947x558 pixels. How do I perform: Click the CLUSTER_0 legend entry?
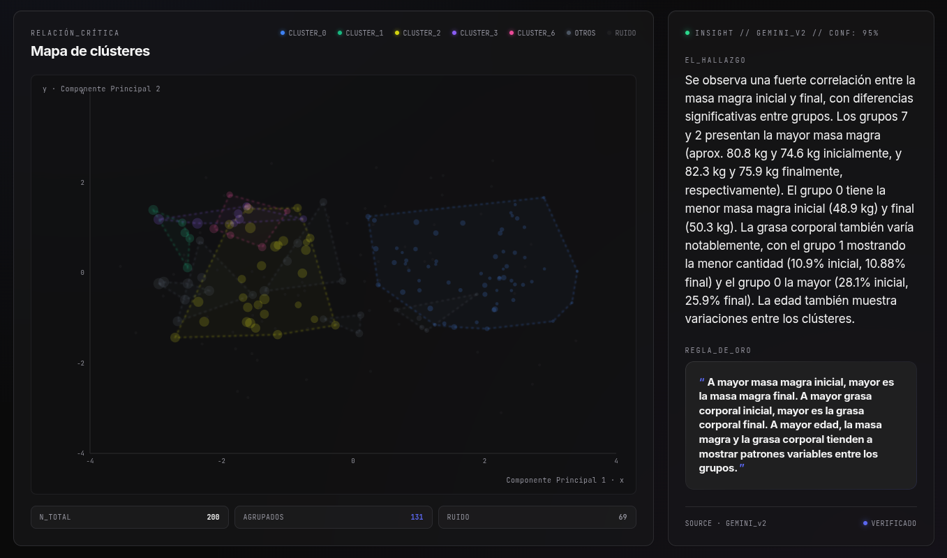pos(303,33)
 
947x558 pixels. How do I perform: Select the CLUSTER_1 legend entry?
pos(360,33)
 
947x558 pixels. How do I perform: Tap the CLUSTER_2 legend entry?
pos(418,33)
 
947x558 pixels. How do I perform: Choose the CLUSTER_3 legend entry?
pos(475,33)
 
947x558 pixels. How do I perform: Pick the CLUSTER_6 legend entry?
pos(532,33)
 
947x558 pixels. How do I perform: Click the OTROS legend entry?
pos(581,33)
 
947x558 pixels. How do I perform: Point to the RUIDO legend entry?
pos(622,33)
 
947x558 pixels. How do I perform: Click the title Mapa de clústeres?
pos(90,51)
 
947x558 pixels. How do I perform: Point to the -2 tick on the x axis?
pos(221,461)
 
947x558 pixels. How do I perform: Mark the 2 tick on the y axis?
pos(82,183)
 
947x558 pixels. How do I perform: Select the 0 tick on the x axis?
pos(353,461)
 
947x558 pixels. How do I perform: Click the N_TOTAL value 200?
pos(213,517)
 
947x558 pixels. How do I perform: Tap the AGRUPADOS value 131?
pos(417,517)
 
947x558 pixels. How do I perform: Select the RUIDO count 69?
pos(622,517)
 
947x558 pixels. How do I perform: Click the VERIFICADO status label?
pos(894,523)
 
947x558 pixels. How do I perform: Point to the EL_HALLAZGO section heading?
pos(715,61)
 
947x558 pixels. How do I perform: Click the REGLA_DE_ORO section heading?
pos(718,350)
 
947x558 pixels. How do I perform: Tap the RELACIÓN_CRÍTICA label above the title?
pos(75,33)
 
